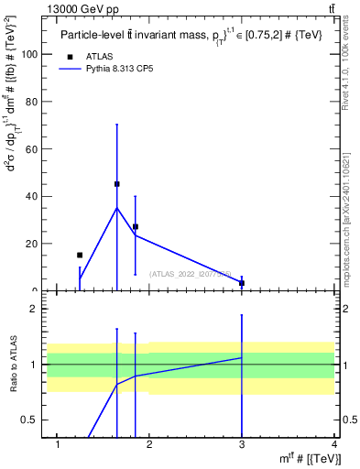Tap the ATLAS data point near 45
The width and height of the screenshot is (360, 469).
point(116,184)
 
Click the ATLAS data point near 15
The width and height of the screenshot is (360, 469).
point(80,256)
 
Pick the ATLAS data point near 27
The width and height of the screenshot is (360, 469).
point(135,226)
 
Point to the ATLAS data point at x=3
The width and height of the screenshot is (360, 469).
point(242,283)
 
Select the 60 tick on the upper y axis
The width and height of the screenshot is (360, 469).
point(31,148)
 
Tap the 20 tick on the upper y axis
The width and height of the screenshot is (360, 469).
point(31,244)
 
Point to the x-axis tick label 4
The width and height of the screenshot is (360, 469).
point(334,445)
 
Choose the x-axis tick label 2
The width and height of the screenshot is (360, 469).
point(149,445)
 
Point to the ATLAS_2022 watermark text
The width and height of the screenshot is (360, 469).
point(191,273)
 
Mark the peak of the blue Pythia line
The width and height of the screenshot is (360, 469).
point(116,208)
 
